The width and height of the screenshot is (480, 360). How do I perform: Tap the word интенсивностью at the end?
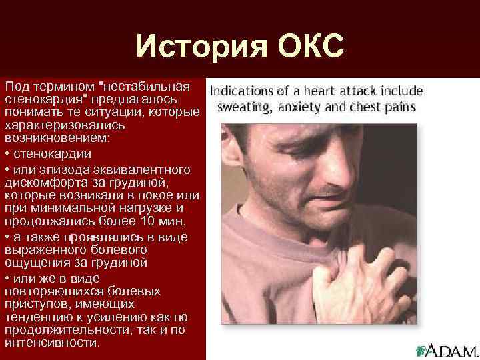pos(52,343)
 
